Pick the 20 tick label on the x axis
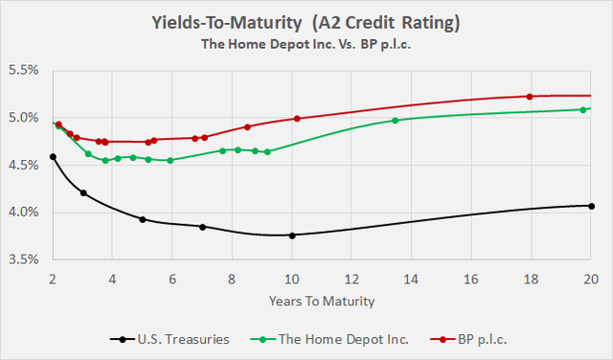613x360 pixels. [590, 279]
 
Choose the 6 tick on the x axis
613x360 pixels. [171, 279]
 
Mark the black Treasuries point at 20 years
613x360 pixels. [591, 206]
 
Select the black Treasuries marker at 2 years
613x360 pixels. [53, 157]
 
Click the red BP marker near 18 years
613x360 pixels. [530, 96]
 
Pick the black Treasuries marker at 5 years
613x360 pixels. [143, 219]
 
